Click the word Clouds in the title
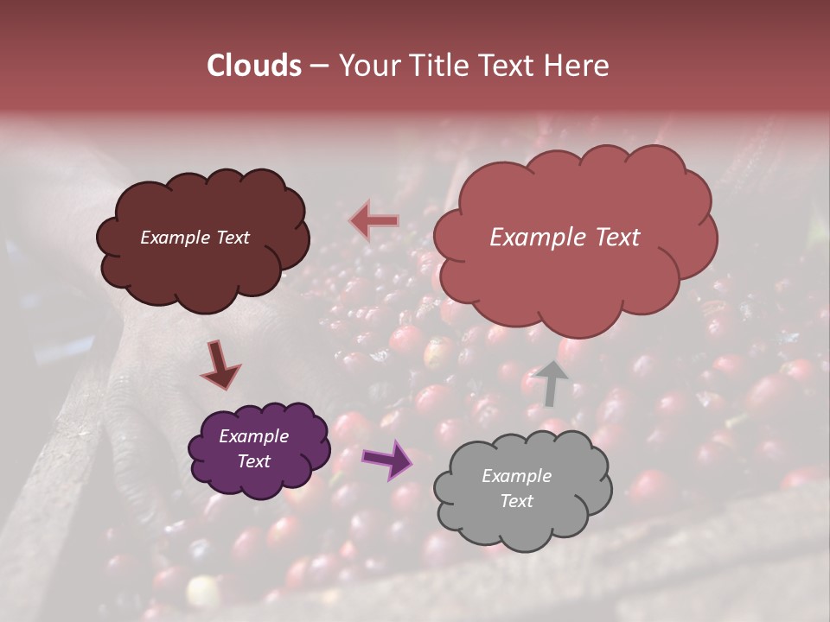click(254, 66)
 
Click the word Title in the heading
click(436, 66)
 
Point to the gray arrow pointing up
click(551, 383)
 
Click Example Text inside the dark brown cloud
click(195, 238)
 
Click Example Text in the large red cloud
click(565, 238)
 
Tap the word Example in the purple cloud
click(253, 436)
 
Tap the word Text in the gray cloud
click(516, 501)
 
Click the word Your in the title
click(365, 66)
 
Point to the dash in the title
click(319, 67)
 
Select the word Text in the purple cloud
click(253, 461)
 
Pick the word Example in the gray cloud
click(516, 476)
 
